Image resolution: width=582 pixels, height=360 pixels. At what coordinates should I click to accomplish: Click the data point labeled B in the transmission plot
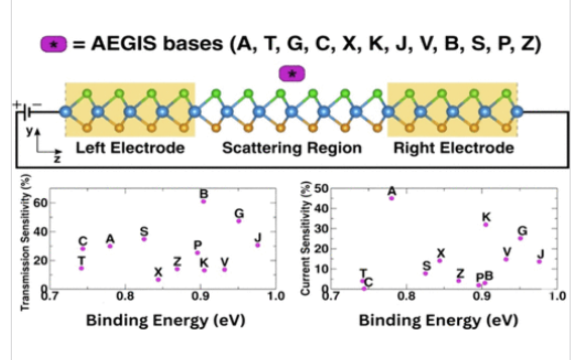coord(203,201)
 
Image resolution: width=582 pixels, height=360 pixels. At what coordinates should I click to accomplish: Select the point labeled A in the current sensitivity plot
coord(391,198)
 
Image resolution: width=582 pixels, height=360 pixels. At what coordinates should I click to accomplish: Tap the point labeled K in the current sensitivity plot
coord(486,224)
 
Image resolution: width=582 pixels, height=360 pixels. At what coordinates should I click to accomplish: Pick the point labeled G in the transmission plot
coord(239,221)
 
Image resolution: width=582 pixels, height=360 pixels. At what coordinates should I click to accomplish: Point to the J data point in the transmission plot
coord(257,245)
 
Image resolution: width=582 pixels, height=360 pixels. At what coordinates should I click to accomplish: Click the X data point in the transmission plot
coord(159,279)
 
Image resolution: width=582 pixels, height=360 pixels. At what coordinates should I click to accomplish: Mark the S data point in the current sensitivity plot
coord(426,273)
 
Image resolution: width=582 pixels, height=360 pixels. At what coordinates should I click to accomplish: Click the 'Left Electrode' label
coord(130,148)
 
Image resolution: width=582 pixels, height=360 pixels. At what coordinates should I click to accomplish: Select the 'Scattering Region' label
coord(292,148)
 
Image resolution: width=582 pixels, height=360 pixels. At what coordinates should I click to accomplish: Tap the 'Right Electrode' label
coord(453,148)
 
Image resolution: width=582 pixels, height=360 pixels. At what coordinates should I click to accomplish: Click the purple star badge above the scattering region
coord(292,73)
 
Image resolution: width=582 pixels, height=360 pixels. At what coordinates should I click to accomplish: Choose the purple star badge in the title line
coord(54,44)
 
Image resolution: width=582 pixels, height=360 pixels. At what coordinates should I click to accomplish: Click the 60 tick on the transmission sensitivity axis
coord(40,203)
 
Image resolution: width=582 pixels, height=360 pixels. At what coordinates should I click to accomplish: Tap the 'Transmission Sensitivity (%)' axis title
coord(25,244)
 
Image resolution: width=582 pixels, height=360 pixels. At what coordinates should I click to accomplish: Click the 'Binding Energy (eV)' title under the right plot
coord(441,321)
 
